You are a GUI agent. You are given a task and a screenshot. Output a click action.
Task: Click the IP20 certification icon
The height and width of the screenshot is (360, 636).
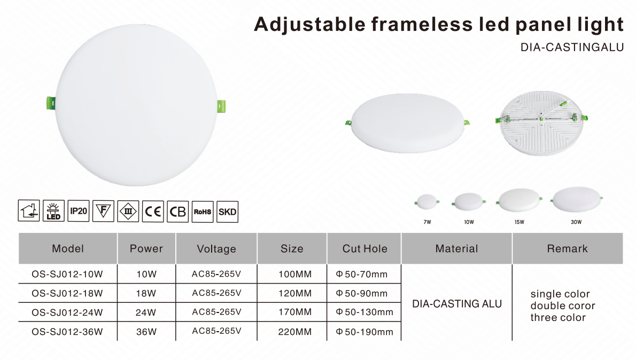coord(78,211)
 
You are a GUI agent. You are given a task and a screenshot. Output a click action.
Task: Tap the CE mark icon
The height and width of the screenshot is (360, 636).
coord(153,211)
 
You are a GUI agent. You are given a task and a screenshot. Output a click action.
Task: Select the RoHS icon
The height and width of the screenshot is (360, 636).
coord(203,211)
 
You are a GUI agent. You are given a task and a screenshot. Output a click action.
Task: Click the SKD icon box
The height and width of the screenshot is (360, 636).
coord(228,212)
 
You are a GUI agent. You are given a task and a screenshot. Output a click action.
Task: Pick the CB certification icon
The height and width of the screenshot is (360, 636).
coord(177,211)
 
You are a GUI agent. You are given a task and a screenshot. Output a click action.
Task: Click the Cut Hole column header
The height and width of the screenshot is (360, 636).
coord(364,248)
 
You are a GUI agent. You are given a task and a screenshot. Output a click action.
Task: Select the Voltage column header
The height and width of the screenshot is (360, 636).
coord(216,249)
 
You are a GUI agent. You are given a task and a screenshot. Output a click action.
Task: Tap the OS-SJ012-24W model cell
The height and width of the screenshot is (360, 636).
coord(67,312)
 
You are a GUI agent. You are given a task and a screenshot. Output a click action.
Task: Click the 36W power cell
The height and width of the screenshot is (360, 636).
coord(146,332)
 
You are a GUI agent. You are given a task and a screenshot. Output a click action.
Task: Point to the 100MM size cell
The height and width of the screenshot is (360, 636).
coord(295,274)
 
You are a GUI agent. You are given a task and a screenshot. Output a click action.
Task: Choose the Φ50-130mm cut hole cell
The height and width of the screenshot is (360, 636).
coord(364,312)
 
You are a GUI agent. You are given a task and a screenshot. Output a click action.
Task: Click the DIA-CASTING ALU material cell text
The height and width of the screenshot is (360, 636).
coord(457,303)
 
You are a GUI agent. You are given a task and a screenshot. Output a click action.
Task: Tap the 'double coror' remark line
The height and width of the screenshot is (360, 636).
coord(563,306)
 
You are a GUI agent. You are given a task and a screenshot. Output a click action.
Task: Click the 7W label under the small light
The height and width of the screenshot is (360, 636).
coord(427,222)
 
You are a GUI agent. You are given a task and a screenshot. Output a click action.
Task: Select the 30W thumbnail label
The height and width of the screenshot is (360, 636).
coord(576,222)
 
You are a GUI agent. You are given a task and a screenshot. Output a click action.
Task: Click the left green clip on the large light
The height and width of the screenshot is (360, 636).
coord(51,103)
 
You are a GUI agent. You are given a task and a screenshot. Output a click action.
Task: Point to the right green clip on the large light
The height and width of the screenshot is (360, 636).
coord(221,106)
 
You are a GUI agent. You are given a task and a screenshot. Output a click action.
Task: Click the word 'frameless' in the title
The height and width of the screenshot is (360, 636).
coord(422,25)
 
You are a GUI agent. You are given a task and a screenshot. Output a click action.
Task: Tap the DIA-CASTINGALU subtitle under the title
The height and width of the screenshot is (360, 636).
coord(572,48)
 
